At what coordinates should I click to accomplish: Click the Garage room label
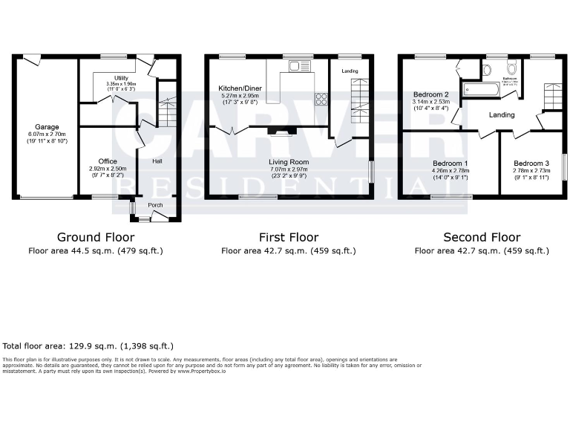47,127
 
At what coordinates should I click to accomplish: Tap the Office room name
108,161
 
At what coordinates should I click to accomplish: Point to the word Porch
155,206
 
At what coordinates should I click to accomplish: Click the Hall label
157,160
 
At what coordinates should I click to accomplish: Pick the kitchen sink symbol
300,66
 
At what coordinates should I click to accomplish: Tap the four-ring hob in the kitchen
321,99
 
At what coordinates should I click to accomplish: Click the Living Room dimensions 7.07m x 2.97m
289,169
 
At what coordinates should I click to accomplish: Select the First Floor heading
289,238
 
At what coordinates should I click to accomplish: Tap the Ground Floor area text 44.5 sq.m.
96,251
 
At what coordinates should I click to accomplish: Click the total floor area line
88,346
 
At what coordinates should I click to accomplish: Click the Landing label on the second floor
502,114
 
